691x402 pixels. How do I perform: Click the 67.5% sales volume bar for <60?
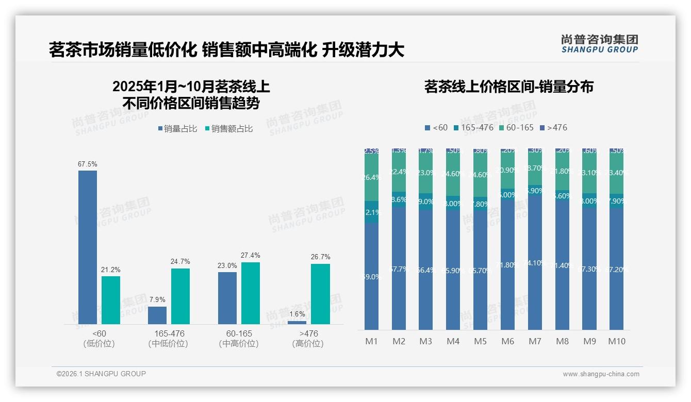[88, 247]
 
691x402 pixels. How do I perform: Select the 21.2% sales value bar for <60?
[111, 300]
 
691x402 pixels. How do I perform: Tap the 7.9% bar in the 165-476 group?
[157, 315]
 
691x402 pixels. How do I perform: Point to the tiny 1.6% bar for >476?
[297, 323]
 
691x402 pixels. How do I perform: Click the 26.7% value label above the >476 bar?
[321, 257]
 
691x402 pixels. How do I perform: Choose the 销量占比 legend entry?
[177, 129]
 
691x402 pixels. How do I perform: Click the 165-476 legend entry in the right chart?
[473, 127]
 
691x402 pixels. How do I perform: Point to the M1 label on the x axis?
[371, 341]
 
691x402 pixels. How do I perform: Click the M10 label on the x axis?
[617, 341]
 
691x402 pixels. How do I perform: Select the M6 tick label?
[507, 341]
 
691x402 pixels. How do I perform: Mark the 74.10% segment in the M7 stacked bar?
[535, 262]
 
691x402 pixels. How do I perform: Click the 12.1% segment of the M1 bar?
[371, 212]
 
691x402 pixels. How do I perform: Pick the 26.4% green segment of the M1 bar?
[371, 177]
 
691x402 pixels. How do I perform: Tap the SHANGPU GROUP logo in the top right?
[599, 44]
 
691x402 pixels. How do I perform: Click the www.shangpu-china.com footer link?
[601, 374]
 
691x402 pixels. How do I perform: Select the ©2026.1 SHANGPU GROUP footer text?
[101, 374]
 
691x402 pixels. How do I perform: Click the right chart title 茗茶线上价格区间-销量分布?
[508, 87]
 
